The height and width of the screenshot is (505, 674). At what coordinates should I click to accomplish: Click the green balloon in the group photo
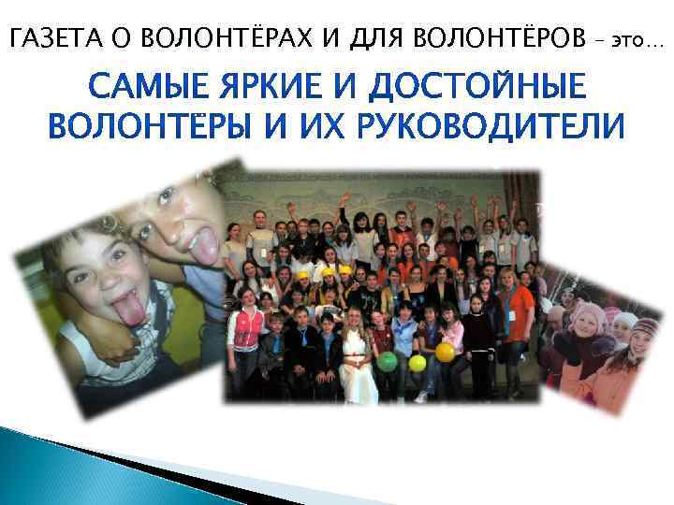387,361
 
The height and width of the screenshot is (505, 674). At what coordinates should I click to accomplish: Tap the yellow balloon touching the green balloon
417,361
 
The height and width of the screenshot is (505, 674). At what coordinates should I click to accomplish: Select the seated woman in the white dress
357,355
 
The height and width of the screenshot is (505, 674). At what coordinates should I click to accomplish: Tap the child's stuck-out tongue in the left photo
131,310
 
